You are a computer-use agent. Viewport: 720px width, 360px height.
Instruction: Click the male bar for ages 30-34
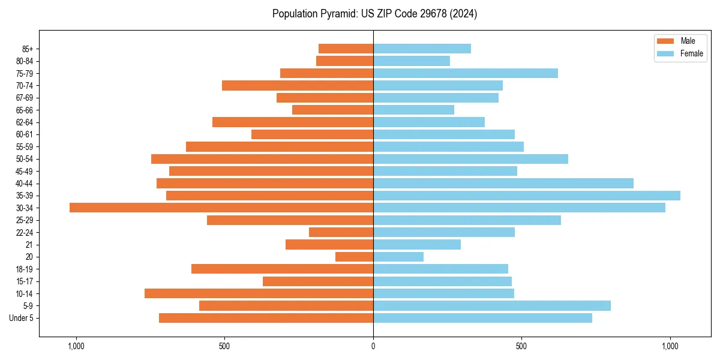tap(221, 208)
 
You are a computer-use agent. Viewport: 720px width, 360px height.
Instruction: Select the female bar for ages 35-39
tap(527, 196)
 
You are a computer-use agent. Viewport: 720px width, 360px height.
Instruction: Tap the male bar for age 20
tap(354, 257)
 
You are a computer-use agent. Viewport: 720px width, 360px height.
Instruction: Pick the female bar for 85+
tap(422, 49)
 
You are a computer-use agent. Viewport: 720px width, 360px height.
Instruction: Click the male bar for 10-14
tap(259, 293)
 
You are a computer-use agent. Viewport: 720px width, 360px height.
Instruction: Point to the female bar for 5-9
tap(492, 305)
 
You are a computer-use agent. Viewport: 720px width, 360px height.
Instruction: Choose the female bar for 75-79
tap(466, 73)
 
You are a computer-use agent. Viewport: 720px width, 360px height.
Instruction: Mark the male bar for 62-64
tap(293, 122)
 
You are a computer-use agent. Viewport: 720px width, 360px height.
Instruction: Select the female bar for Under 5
tap(482, 318)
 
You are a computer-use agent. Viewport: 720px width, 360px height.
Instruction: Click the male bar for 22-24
tap(341, 232)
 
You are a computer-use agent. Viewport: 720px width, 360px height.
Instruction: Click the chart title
tap(374, 14)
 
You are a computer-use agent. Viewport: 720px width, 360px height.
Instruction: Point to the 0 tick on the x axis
tap(373, 346)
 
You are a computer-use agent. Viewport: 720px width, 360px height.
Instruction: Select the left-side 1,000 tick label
tap(76, 346)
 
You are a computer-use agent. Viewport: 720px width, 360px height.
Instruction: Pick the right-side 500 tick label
tap(521, 346)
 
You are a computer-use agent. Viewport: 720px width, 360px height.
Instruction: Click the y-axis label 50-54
tap(24, 159)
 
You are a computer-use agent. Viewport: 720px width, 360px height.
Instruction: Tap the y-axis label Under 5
tap(22, 318)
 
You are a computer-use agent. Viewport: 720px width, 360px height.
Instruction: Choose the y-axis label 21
tap(29, 245)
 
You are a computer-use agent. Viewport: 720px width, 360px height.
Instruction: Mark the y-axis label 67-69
tap(24, 98)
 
